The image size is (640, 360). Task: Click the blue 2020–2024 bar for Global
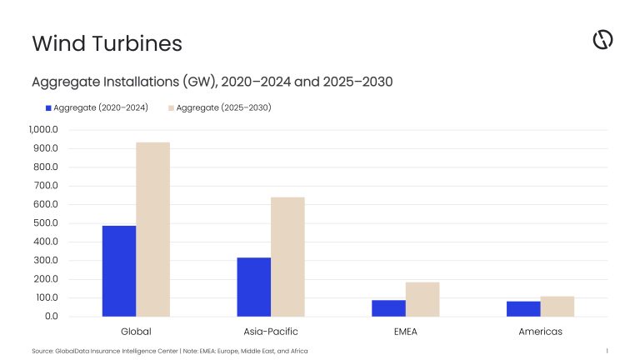[119, 271]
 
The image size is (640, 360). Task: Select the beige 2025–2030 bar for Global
[152, 229]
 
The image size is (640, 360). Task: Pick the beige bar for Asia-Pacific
[287, 257]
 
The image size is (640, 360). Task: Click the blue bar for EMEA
[388, 308]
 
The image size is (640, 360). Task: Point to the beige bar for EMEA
[422, 299]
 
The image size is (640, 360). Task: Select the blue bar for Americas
[523, 309]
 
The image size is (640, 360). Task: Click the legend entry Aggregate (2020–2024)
[97, 107]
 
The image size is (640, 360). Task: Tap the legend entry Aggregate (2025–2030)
[220, 107]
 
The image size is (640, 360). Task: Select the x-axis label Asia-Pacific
[271, 331]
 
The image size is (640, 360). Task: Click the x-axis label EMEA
[405, 331]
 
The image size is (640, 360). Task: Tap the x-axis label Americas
[540, 331]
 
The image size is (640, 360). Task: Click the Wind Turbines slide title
[107, 42]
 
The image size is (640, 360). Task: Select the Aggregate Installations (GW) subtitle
[212, 82]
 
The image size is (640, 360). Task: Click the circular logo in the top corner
[602, 39]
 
